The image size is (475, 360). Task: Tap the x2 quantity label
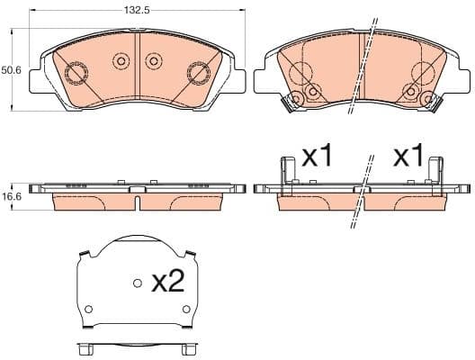[x=167, y=283]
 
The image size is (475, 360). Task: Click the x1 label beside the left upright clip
[x=317, y=157]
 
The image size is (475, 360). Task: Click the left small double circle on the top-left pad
[x=121, y=61]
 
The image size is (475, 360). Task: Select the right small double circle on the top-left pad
[x=154, y=61]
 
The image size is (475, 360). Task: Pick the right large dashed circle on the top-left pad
[x=197, y=73]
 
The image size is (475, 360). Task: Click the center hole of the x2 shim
[x=137, y=283]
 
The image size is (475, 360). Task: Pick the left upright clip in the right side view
[x=289, y=175]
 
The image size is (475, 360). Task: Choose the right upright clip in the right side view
[x=435, y=175]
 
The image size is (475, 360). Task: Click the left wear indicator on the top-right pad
[x=291, y=103]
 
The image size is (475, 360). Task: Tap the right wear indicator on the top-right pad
[x=434, y=103]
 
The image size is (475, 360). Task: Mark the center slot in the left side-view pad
[x=136, y=200]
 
